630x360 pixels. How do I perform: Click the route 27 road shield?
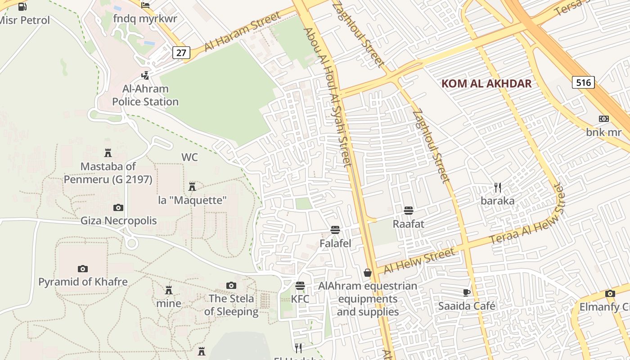click(181, 53)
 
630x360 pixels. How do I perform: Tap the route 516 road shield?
click(583, 82)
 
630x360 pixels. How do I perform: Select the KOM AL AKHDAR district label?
click(486, 83)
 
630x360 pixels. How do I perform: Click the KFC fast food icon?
click(300, 286)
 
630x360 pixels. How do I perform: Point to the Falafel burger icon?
click(335, 230)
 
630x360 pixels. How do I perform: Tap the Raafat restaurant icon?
click(409, 210)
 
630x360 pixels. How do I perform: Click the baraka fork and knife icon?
click(497, 187)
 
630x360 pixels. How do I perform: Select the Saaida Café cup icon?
click(467, 293)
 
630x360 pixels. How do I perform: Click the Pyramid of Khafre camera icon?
click(83, 269)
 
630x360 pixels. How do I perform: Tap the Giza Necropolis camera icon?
click(118, 207)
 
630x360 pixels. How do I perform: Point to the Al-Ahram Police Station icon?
click(145, 76)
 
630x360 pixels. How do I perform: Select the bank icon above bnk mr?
click(604, 119)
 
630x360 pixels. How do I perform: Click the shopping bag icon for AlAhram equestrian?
click(368, 273)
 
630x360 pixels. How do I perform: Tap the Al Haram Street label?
click(243, 31)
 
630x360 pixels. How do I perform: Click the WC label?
click(189, 157)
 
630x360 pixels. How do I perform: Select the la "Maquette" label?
click(192, 200)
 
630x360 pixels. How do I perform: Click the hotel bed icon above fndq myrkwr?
click(145, 5)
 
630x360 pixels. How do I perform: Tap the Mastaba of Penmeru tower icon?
click(108, 153)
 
